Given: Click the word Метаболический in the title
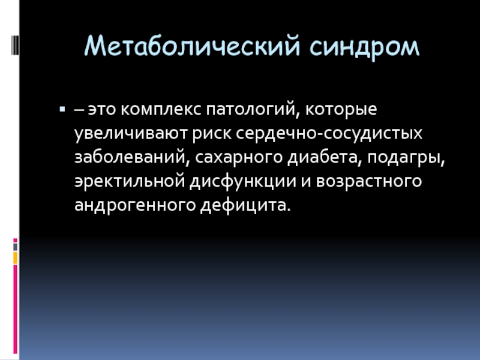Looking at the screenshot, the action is tap(192, 46).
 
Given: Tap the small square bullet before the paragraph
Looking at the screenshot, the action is tap(62, 109).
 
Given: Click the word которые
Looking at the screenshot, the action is tap(341, 109).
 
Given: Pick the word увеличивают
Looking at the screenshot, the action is tap(131, 133).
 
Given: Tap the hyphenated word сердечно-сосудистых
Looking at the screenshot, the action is tap(329, 134).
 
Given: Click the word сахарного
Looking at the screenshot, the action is tap(239, 158).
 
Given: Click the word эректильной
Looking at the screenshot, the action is tap(130, 181).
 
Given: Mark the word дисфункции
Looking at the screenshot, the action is tap(243, 182).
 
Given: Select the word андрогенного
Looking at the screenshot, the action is tap(135, 206).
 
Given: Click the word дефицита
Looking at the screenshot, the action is tap(245, 205).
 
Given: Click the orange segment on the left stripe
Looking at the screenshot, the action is tap(15, 258).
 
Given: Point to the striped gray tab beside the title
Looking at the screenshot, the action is tap(15, 45).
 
